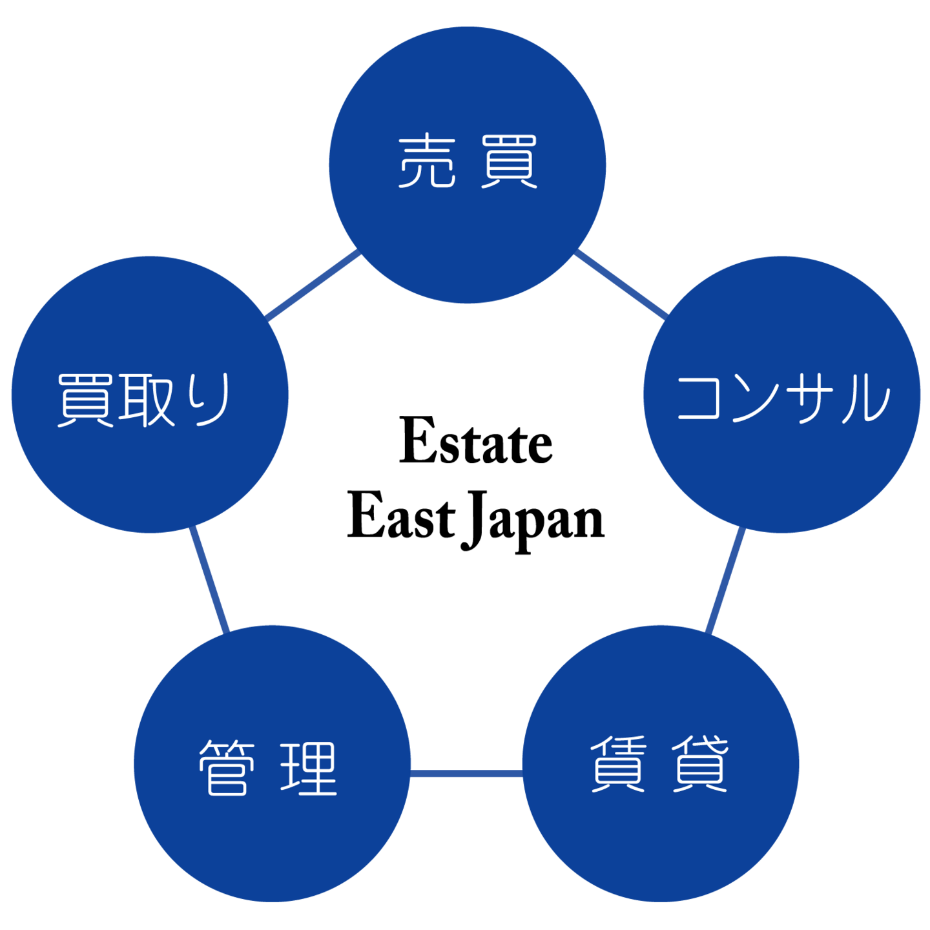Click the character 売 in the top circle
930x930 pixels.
[427, 161]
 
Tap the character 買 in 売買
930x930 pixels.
[509, 161]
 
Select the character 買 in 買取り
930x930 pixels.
[85, 400]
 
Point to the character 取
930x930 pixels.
[148, 400]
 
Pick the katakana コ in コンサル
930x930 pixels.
[698, 398]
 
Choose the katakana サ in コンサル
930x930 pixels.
[811, 398]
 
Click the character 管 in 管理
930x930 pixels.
[227, 768]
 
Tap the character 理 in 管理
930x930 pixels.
[309, 768]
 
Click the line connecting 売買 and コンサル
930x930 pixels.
[621, 284]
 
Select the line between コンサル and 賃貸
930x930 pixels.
[725, 581]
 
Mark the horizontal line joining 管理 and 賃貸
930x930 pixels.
[466, 774]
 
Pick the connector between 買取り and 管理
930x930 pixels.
[209, 579]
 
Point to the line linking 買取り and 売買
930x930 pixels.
[314, 284]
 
